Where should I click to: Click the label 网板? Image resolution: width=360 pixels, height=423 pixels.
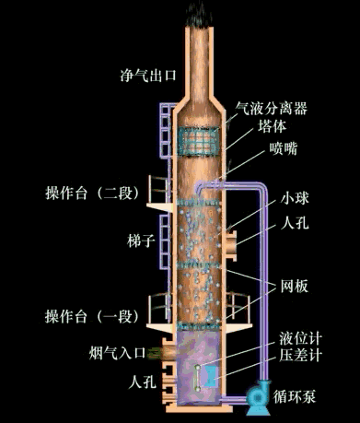point(292,286)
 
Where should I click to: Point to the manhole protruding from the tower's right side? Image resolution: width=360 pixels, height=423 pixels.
point(227,243)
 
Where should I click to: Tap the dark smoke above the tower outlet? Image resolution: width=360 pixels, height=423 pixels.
point(196,11)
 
